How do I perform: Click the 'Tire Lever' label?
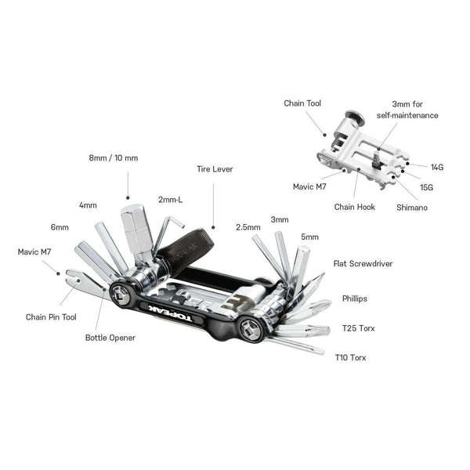point(214,168)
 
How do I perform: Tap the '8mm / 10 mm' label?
point(113,157)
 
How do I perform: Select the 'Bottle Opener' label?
point(110,338)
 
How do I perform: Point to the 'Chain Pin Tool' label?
point(51,317)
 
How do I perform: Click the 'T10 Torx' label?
point(350,357)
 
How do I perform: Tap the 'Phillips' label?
point(354,298)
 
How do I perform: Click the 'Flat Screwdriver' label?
point(363,264)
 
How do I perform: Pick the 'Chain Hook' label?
point(354,207)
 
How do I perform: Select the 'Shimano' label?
point(412,207)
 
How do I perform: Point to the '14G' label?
point(437,167)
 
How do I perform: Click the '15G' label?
point(427,187)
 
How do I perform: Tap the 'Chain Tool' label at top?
point(302,103)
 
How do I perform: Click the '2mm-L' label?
point(170,199)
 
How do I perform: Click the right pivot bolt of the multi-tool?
point(253,329)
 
